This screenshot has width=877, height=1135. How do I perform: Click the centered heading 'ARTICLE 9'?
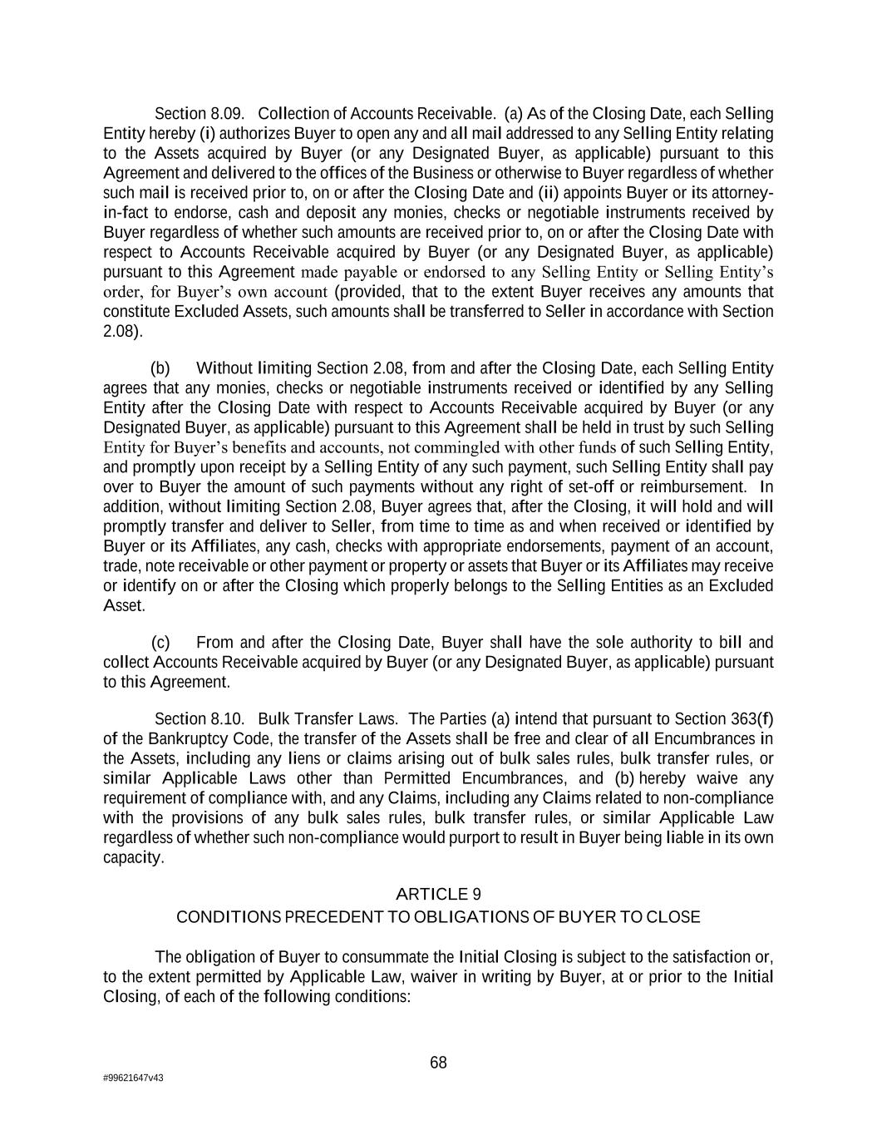tap(438, 894)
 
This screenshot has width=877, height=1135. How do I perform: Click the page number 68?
tap(438, 1063)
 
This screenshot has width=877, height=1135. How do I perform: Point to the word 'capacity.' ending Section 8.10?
tap(133, 857)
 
